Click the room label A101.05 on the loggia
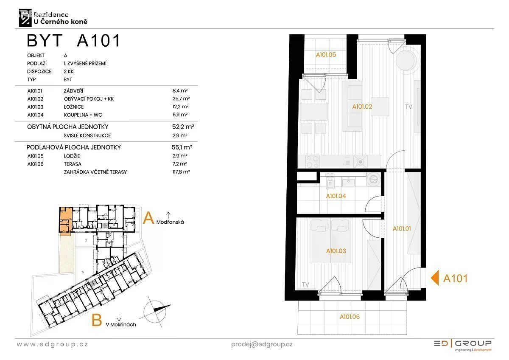[326, 55]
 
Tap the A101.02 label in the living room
[362, 107]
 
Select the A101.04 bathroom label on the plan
[336, 196]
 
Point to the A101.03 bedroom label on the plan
[336, 251]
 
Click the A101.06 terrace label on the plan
[350, 317]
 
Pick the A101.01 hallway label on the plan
[402, 228]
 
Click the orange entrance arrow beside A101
[435, 278]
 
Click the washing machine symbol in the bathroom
[374, 180]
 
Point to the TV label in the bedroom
[305, 284]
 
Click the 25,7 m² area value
[181, 98]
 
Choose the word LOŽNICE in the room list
[74, 107]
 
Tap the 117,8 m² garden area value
[181, 172]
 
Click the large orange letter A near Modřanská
[148, 218]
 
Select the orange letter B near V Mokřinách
[96, 320]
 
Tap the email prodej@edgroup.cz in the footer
[262, 344]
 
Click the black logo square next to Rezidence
[25, 18]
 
